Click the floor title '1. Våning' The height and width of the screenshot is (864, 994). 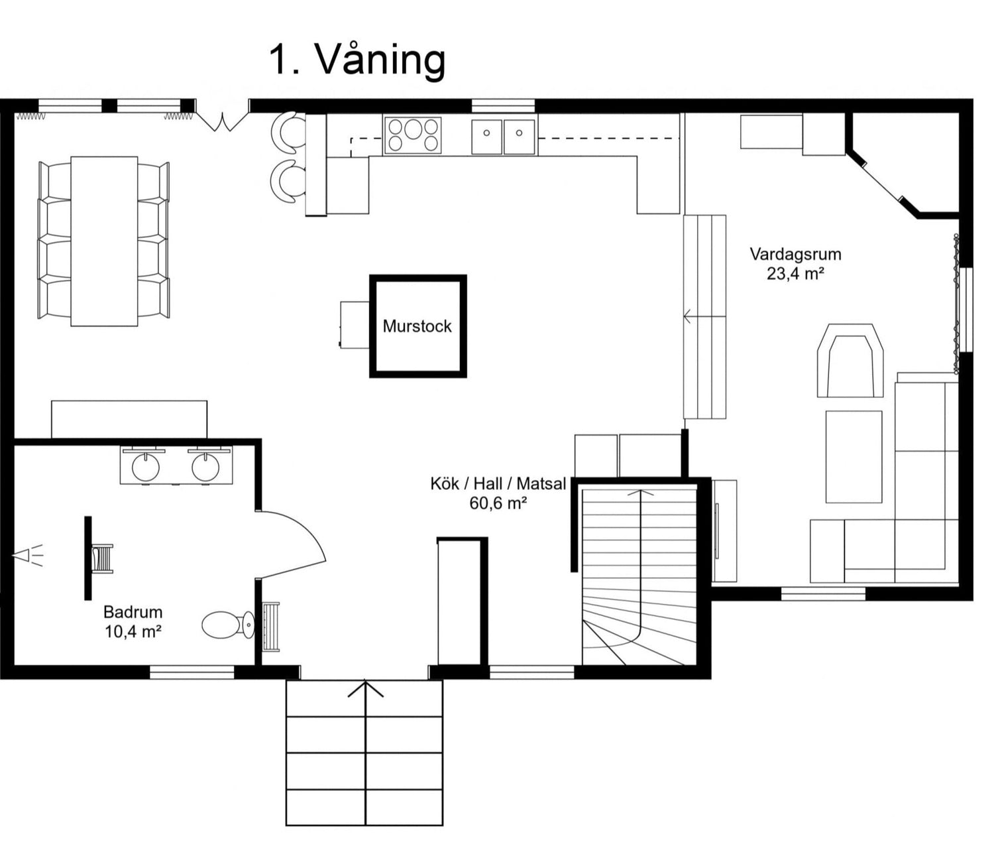coord(357,60)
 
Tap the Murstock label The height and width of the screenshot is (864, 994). coord(417,326)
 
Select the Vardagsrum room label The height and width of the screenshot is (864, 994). coord(795,254)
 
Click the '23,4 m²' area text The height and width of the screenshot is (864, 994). coord(795,273)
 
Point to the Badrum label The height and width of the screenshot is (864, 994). coord(133,612)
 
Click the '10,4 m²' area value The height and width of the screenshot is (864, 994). coord(133,631)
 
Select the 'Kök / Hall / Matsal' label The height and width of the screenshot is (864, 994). coord(498,483)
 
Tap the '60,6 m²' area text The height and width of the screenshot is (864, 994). coord(498,503)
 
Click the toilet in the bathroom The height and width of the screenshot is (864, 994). coord(226,625)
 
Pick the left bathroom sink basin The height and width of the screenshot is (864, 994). coord(146,466)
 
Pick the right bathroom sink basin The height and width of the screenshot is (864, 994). coord(205,466)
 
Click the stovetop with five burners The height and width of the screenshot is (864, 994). coord(413,135)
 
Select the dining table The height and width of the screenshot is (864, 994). coord(104,241)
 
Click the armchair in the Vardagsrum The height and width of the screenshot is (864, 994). coord(850,361)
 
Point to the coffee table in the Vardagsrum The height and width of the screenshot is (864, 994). coord(854,457)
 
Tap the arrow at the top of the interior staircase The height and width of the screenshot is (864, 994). coord(640,493)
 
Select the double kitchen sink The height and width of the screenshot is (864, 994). coord(504,137)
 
